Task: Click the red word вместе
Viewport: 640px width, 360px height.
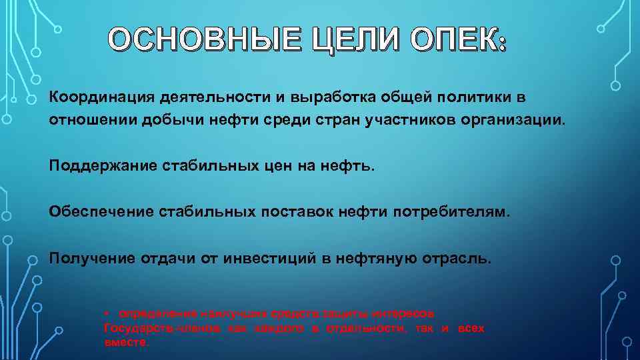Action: click(127, 342)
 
